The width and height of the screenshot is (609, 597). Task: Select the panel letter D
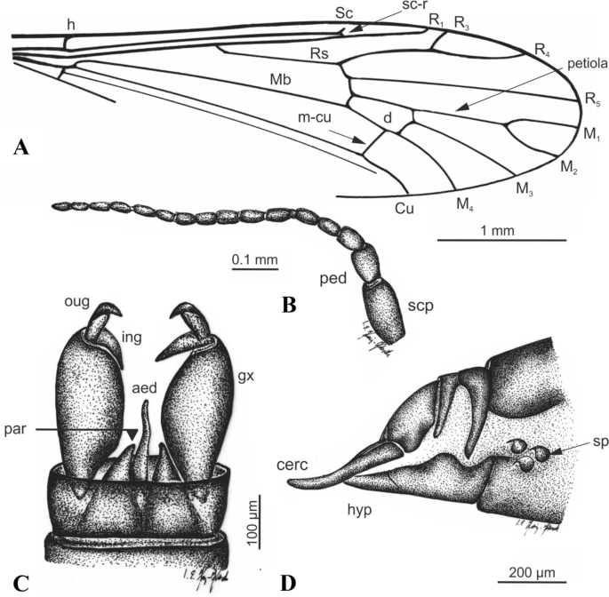(286, 583)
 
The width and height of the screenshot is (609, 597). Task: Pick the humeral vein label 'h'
(70, 25)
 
